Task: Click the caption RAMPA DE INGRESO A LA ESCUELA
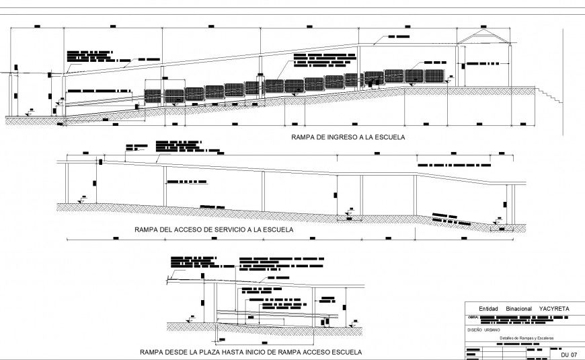click(x=348, y=137)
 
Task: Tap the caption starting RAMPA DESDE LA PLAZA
click(x=250, y=351)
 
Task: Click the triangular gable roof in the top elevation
click(x=483, y=37)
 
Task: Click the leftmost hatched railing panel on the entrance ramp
click(x=153, y=96)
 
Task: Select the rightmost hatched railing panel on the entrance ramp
click(x=434, y=75)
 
